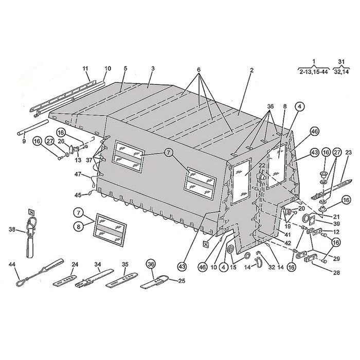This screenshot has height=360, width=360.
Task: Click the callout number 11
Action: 85,68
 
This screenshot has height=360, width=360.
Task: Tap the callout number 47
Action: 78,174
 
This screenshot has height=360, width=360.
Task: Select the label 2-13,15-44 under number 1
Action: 313,72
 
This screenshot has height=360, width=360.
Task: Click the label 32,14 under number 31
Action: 341,72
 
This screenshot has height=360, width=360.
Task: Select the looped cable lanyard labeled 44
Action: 40,272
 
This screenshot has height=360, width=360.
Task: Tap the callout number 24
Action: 75,264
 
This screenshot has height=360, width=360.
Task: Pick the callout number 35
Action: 125,264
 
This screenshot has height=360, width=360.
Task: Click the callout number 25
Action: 182,281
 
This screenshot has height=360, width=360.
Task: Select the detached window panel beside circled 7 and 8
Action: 110,230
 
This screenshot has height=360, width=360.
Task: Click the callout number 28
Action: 337,273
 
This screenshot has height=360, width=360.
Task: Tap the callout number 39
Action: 336,223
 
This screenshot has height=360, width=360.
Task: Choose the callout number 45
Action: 78,195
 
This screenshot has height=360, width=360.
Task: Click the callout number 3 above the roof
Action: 153,68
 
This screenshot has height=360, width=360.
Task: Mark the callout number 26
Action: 61,141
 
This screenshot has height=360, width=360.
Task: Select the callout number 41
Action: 287,235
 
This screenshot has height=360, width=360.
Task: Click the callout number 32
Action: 272,267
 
